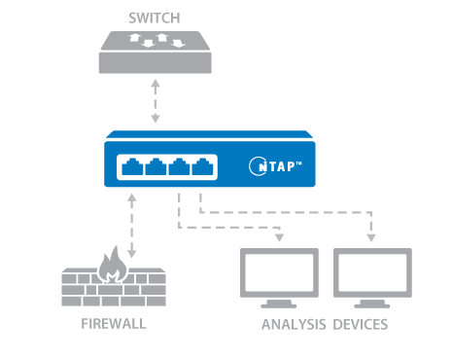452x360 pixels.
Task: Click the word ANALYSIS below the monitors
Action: (x=295, y=323)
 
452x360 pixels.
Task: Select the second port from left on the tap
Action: (x=157, y=167)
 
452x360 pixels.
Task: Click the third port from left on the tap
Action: (x=181, y=167)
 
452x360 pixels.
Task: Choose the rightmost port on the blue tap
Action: (x=204, y=167)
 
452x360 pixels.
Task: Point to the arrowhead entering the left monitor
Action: (x=278, y=236)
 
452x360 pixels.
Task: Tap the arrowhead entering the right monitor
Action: (x=371, y=236)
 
